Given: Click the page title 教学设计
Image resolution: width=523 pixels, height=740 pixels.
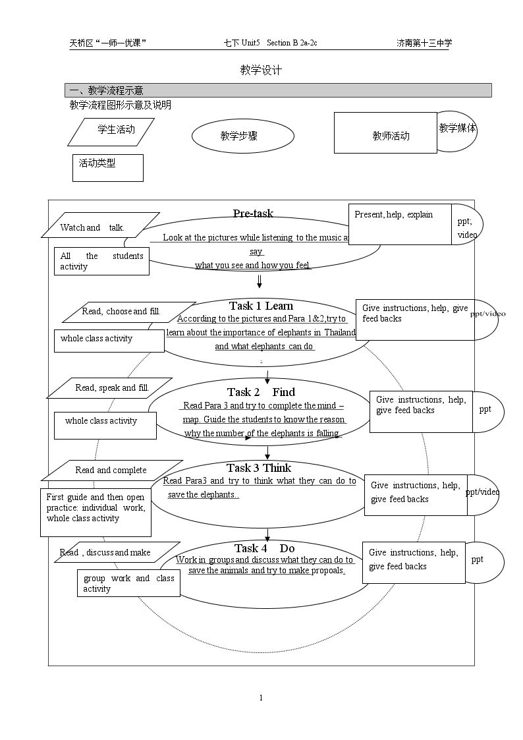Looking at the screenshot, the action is (261, 71).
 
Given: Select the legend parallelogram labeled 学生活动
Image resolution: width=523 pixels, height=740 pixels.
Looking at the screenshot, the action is (111, 132).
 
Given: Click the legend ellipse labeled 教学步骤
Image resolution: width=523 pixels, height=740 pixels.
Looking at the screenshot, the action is (243, 136).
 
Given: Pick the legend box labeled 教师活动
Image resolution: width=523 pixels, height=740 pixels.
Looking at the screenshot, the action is (385, 132).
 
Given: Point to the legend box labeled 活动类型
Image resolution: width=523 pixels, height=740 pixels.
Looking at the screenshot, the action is (108, 168).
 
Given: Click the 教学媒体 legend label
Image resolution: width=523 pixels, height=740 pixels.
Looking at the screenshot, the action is (457, 128).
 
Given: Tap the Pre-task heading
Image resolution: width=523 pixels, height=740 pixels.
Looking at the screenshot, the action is (253, 213).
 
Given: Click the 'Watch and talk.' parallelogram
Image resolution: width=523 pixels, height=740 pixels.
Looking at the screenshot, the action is (100, 225).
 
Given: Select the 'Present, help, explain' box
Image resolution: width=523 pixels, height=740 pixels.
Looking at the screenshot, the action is (400, 224).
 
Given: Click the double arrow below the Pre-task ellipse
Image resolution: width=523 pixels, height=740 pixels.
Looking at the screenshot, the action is (260, 281).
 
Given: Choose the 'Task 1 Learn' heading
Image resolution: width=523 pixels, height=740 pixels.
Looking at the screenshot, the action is (261, 306).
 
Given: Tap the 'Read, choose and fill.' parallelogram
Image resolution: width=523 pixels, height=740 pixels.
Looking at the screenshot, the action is (128, 312).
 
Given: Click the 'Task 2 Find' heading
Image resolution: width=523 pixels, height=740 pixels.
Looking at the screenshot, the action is (261, 392).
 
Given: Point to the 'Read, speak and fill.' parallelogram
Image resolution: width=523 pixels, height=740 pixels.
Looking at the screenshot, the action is (109, 388).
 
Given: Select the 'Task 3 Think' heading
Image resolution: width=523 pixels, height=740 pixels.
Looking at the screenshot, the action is (259, 468).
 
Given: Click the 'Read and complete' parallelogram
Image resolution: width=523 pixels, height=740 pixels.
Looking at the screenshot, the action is (112, 470).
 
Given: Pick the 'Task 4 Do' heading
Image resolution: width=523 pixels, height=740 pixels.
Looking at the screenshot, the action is (265, 548).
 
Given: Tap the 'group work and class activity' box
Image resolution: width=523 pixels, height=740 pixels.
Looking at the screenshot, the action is (128, 583).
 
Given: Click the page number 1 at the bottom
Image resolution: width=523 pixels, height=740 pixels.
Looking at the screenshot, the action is (261, 698).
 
